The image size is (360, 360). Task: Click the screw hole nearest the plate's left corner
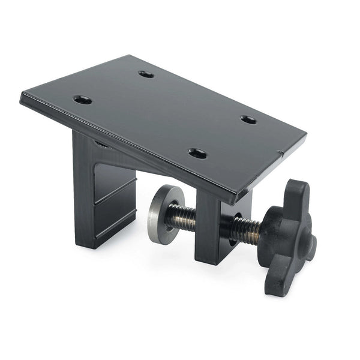(x=83, y=100)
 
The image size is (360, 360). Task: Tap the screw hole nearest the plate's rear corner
(x=146, y=74)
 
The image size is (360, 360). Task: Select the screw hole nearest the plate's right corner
(x=248, y=119)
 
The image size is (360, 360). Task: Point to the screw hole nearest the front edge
(x=197, y=154)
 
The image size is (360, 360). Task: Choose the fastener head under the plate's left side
(x=102, y=144)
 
